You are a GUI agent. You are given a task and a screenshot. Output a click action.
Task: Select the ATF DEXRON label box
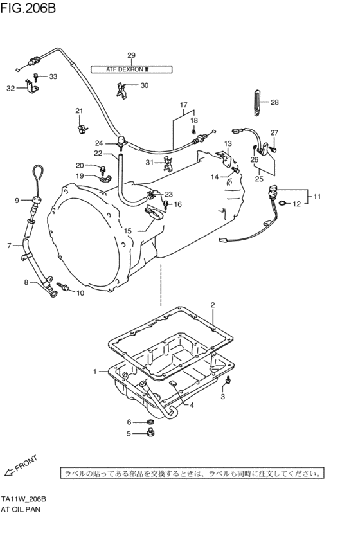[x=130, y=68]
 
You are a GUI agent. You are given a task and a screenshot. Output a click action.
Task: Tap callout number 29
[x=130, y=55]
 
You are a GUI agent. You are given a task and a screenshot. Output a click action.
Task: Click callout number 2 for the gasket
[x=212, y=305]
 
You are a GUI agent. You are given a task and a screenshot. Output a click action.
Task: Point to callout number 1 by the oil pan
[x=95, y=372]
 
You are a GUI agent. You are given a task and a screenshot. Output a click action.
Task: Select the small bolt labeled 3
[x=227, y=384]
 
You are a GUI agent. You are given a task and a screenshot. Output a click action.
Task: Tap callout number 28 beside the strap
[x=274, y=102]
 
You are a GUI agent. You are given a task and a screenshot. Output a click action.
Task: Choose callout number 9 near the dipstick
[x=17, y=201]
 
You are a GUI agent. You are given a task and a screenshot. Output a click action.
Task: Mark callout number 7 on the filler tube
[x=10, y=245]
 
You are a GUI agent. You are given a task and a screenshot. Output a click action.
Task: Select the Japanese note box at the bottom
[x=192, y=474]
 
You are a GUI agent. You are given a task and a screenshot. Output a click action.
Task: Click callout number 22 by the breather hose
[x=98, y=154]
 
